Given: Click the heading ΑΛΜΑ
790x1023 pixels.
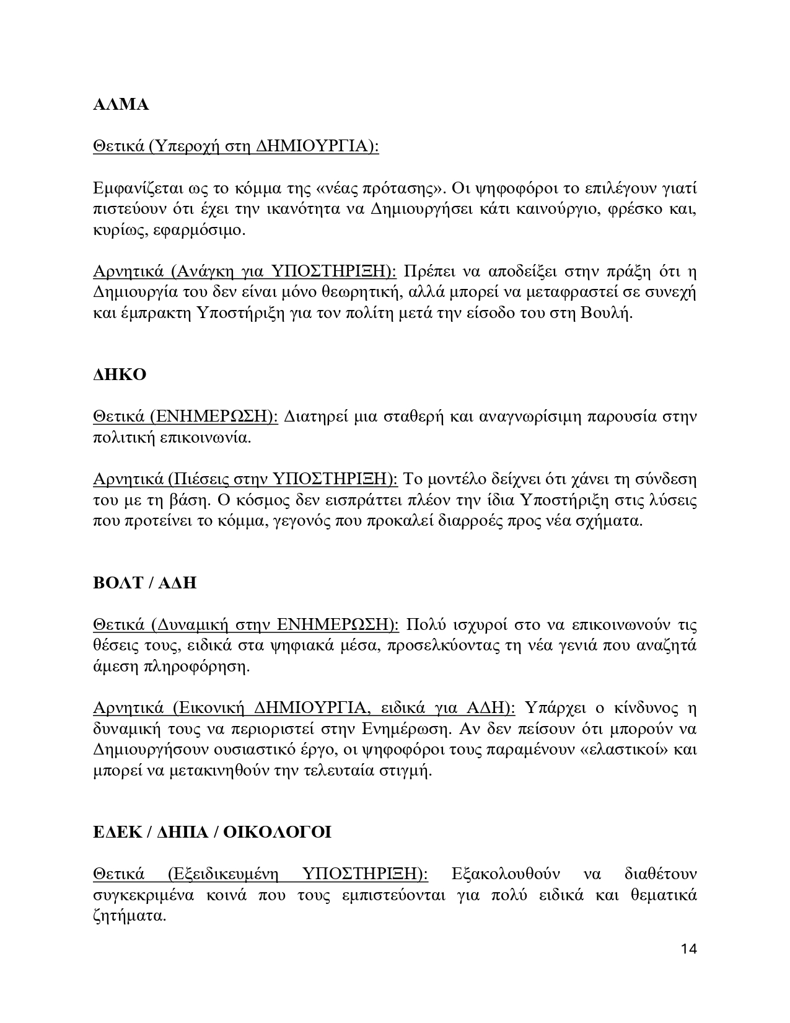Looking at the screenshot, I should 121,105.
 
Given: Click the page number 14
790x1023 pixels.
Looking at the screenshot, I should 688,949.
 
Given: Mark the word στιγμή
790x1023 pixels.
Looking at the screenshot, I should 405,771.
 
